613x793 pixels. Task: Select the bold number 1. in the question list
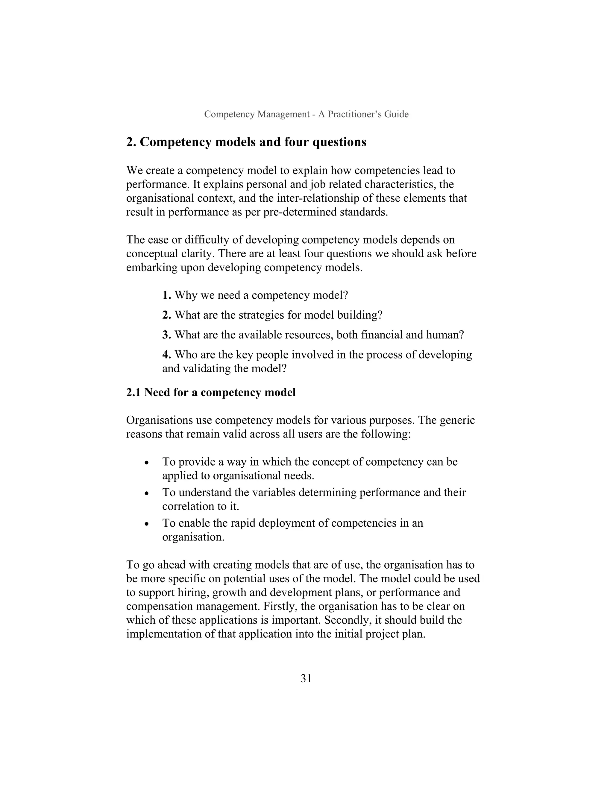pos(167,295)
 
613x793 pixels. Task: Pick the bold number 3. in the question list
pos(167,335)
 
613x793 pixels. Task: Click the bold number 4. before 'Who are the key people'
pos(167,354)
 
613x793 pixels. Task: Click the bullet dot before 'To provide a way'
pos(147,463)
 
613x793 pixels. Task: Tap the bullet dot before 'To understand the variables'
pos(147,493)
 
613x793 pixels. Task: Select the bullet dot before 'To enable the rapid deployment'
pos(147,524)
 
